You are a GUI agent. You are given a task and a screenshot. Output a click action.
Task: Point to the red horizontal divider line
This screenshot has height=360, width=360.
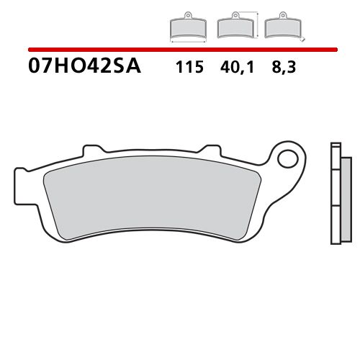(x=180, y=49)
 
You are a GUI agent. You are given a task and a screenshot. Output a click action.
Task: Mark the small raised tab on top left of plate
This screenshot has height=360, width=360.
(x=91, y=149)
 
